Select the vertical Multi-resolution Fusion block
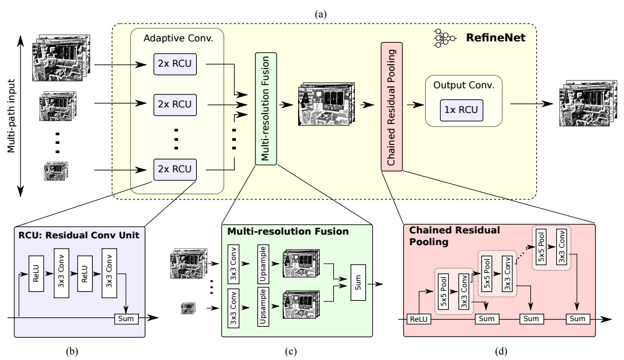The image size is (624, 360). pos(266,109)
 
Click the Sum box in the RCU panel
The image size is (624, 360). pos(125,318)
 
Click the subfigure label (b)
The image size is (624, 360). pos(75,353)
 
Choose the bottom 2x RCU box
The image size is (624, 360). pos(175,168)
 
